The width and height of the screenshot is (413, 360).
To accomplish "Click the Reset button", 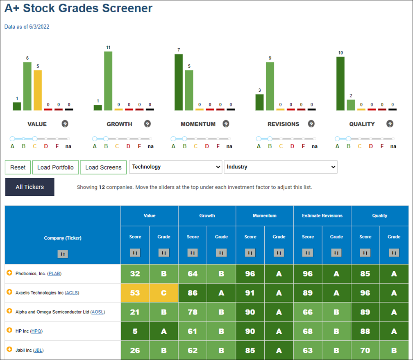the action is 18,168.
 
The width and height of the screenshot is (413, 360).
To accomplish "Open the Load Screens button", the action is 103,168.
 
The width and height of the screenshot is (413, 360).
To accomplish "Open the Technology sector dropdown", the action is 176,167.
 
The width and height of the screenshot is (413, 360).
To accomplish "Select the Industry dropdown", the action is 281,167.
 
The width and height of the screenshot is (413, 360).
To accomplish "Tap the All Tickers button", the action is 30,187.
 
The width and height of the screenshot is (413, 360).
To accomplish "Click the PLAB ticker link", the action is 54,274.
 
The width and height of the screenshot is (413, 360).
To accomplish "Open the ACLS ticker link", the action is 72,293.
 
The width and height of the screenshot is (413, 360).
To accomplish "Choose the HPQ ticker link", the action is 36,331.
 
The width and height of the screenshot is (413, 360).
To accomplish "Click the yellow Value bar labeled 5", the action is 38,91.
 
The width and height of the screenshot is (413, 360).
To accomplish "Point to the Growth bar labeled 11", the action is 108,81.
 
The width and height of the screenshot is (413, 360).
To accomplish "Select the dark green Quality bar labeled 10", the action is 340,84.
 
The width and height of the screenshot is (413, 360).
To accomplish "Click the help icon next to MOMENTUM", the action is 226,124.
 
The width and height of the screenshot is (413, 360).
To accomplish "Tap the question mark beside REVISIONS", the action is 311,124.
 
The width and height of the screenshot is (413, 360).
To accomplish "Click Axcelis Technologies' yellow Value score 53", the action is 135,293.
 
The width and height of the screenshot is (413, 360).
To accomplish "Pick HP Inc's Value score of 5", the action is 135,331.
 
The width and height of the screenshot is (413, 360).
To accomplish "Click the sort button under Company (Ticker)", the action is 63,254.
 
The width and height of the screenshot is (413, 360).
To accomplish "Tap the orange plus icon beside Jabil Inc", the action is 9,349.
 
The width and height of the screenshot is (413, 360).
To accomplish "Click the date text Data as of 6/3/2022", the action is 27,27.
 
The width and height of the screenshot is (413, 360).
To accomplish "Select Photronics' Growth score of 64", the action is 193,274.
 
